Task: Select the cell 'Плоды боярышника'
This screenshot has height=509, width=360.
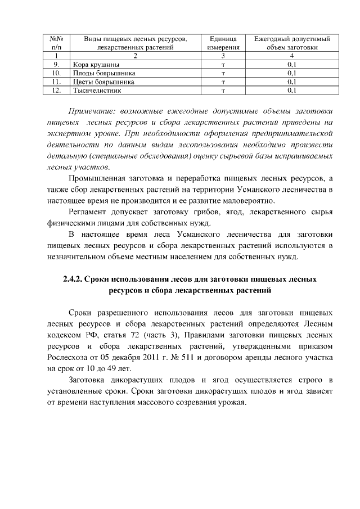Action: click(104, 73)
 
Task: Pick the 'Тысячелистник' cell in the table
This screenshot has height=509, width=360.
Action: click(96, 89)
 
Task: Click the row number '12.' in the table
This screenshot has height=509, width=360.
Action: click(56, 89)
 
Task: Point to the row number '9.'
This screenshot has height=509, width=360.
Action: click(56, 65)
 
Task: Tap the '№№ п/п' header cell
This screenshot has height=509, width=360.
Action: click(56, 43)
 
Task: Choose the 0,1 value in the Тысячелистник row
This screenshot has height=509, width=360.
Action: click(291, 89)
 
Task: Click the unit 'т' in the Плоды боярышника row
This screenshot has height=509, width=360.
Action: click(223, 73)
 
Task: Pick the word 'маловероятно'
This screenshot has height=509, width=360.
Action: click(250, 201)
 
